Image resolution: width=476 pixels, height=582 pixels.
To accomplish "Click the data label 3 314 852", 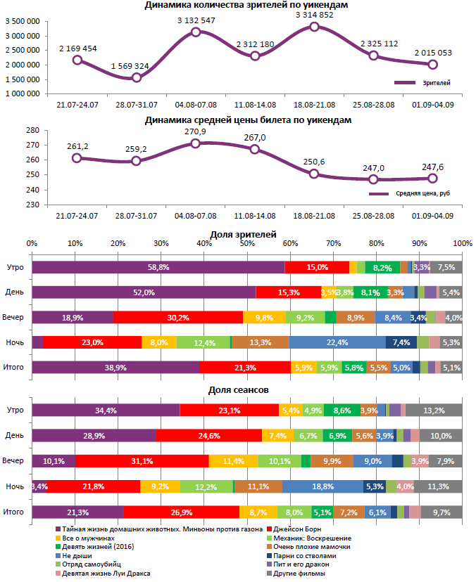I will coord(314,15).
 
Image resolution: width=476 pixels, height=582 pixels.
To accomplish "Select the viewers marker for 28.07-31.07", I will coord(137,78).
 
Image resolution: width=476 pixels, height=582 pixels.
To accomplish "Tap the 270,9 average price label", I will coord(195,131).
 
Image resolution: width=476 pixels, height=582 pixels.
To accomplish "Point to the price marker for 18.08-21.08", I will coord(314,174).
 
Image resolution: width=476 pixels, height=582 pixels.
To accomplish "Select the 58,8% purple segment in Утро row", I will coord(158,267).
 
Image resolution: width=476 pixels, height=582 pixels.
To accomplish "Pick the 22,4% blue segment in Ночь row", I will coord(337,342).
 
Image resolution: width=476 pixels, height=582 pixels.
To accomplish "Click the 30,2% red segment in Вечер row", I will coord(177,318).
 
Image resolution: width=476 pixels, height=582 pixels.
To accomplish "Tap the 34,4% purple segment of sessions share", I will coord(106,410).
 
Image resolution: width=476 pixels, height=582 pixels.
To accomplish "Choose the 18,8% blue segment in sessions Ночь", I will coord(322,486).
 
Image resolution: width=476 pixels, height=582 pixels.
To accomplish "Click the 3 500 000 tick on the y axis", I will coord(21,22).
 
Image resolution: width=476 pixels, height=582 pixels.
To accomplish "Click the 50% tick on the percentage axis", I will coord(247,243).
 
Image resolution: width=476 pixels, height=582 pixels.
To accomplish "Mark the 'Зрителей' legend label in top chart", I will coord(436,83).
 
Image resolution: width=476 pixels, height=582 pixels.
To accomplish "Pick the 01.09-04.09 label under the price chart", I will coord(432,216).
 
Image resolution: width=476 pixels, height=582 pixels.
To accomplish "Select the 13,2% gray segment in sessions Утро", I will coord(434,410).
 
